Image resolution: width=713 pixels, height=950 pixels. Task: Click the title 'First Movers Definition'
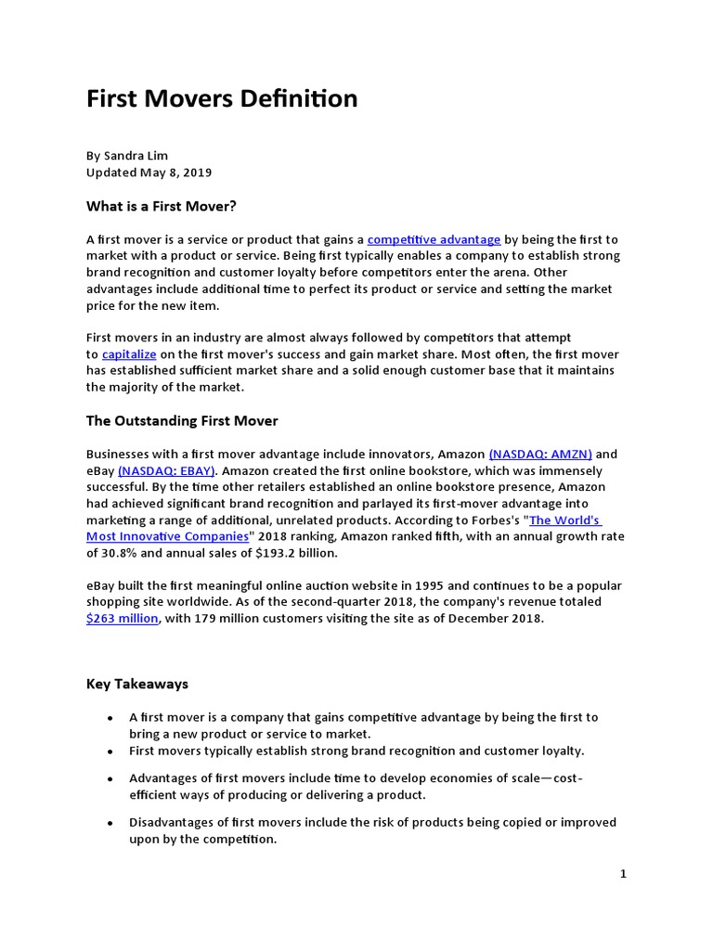(222, 99)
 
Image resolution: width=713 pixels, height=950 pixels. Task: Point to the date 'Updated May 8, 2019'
(149, 173)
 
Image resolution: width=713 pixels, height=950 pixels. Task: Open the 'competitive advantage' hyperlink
(434, 239)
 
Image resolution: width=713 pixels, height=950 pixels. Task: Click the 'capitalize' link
(129, 354)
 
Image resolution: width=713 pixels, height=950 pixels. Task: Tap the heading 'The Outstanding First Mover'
(182, 421)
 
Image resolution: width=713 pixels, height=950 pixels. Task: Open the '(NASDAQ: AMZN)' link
(540, 455)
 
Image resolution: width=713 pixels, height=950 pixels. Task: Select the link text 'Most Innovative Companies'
(167, 537)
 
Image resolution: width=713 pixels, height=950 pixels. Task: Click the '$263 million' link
(122, 619)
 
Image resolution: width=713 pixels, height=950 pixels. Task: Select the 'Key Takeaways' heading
(137, 684)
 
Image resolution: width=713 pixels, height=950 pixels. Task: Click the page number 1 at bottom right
(624, 874)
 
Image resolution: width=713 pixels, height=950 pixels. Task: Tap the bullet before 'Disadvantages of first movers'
(110, 824)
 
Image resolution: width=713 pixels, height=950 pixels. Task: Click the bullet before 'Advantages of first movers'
(110, 779)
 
